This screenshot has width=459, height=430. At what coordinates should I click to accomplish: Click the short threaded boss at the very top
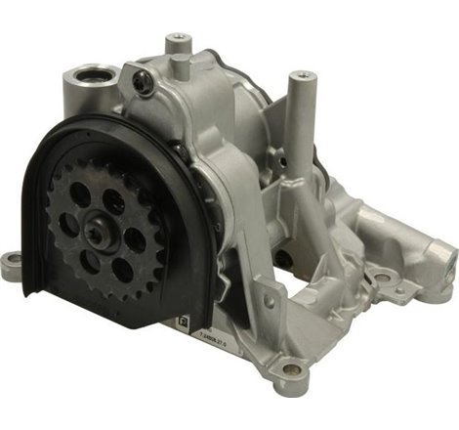177,43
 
